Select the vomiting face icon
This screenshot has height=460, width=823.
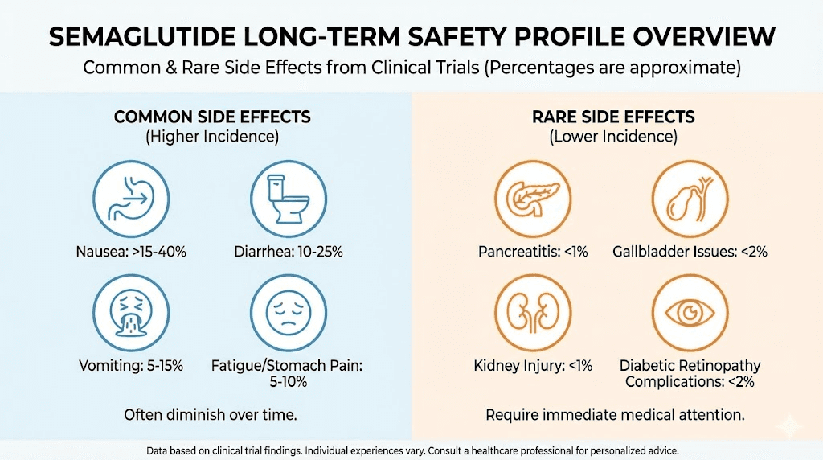(131, 312)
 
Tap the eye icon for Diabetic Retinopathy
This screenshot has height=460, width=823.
(688, 312)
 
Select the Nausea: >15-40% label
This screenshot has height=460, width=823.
(132, 252)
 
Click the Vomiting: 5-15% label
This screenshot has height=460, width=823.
(132, 366)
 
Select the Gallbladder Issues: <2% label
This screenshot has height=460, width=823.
(689, 252)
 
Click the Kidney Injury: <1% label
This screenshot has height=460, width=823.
(532, 366)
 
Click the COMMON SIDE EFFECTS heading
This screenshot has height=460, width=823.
(212, 117)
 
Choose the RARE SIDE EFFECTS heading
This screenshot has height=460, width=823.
(613, 117)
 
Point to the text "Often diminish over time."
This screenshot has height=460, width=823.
(211, 416)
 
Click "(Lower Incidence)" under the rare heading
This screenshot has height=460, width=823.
(613, 137)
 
